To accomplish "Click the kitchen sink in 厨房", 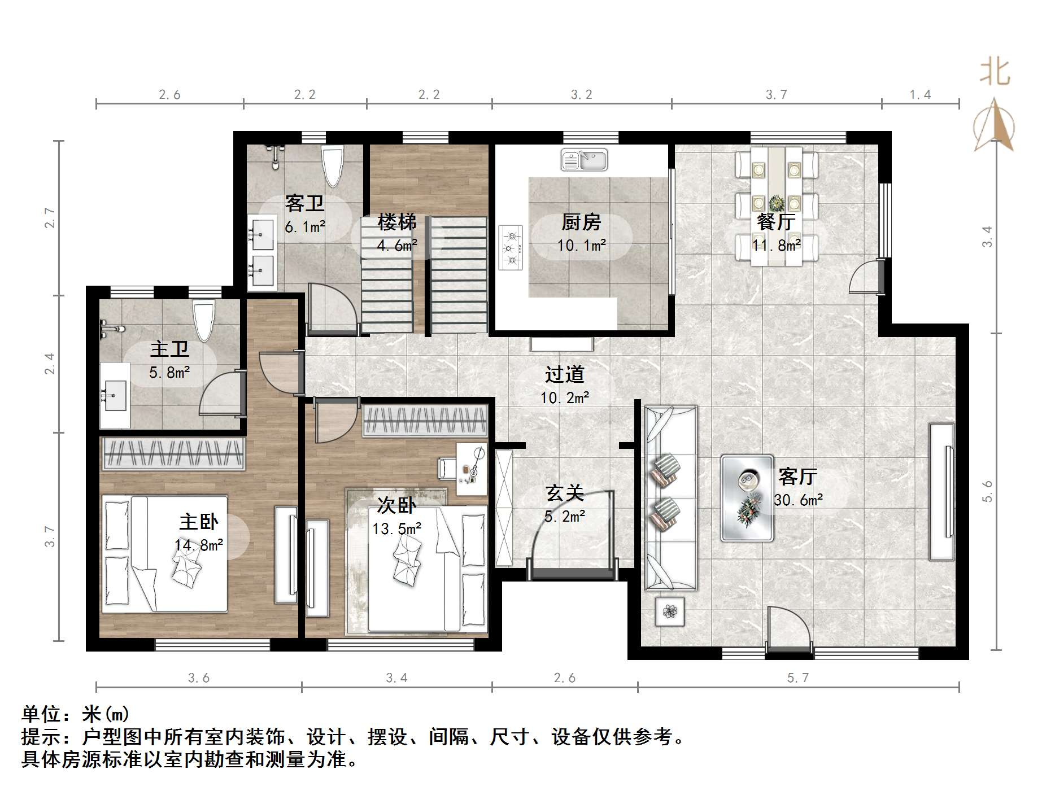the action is [x=584, y=160].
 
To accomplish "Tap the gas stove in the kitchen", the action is [x=511, y=247].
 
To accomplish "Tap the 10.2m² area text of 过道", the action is [x=565, y=398].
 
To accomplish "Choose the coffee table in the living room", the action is [x=747, y=498].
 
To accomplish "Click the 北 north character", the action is [x=995, y=72].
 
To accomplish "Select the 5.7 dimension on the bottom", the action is [x=798, y=678].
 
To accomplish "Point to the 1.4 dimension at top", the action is [x=920, y=94].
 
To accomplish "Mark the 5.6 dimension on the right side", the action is [x=987, y=491].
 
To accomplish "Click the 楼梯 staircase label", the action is [x=397, y=222].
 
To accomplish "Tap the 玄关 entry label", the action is [x=565, y=493].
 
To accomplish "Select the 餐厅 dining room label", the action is [x=777, y=221].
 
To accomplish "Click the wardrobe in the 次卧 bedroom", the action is [x=425, y=420].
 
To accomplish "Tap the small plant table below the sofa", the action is [x=670, y=611].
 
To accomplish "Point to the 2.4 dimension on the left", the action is [x=50, y=364].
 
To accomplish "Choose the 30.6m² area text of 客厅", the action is [x=798, y=500].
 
